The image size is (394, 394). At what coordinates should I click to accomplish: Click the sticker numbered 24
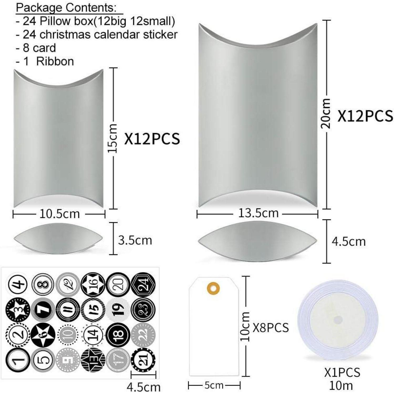pos(143,285)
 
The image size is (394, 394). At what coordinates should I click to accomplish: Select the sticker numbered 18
pos(118,335)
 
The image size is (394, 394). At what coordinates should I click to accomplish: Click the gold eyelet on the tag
pos(214,287)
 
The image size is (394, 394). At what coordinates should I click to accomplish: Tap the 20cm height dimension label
pos(326,113)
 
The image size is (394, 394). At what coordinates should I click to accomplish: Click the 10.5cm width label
pos(60,214)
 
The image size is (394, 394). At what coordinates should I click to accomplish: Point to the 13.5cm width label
pos(258,213)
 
